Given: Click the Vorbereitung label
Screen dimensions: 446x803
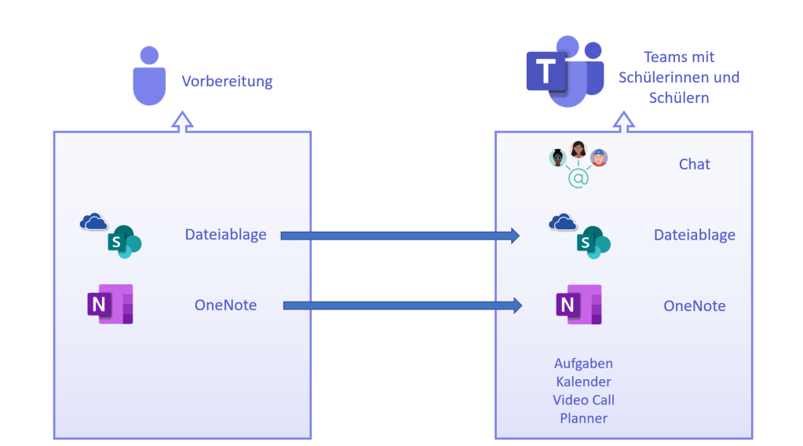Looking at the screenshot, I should coord(227,82).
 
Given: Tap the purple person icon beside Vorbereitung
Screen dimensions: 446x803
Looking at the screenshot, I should coord(149,76).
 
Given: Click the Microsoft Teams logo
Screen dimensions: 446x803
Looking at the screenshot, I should coord(564,71).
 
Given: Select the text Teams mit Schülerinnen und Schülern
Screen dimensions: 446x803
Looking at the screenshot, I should coord(679,77).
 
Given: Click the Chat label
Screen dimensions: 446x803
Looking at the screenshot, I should coord(694,164).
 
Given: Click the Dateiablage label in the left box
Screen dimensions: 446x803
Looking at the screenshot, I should coord(225,234).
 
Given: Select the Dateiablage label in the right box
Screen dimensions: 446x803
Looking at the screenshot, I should coord(694,235).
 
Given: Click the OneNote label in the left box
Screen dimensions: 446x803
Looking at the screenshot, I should coord(225,305).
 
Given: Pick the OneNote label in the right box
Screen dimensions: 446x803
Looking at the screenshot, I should coord(694,305).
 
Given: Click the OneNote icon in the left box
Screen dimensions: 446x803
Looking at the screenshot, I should coord(110,304).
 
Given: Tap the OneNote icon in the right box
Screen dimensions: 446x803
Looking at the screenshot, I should coord(579,305).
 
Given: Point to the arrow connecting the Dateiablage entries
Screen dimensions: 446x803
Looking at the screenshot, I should coord(400,235).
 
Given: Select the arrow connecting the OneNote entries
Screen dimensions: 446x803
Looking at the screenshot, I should coord(402,305).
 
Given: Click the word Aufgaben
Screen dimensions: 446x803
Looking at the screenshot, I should coord(583,364).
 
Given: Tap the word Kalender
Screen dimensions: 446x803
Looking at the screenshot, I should coord(583,382).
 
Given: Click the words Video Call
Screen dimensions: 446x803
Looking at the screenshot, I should coord(583,400).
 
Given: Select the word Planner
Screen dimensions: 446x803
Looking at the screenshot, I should coord(583,418).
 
